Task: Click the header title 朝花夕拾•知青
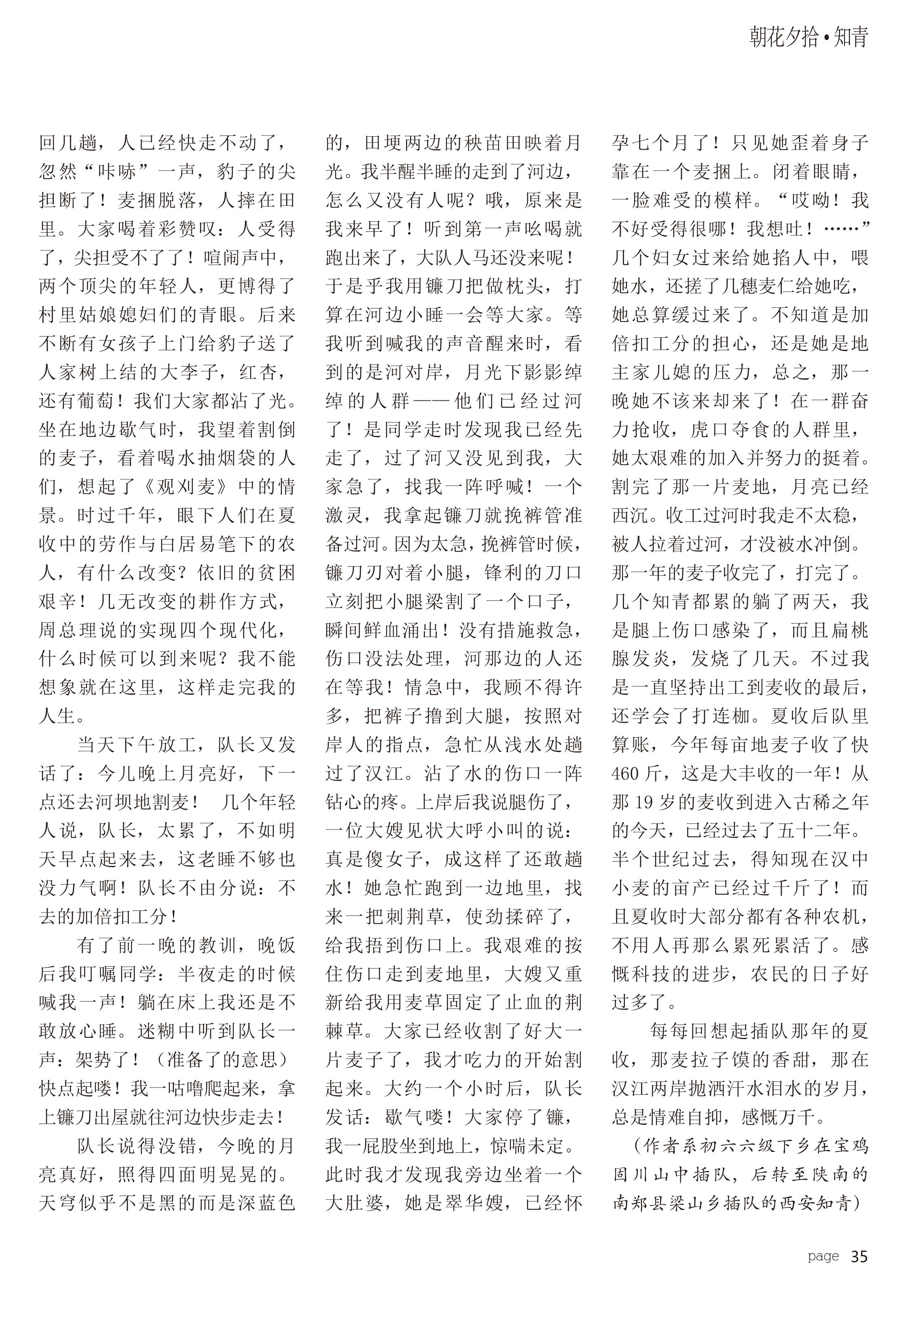point(808,38)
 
